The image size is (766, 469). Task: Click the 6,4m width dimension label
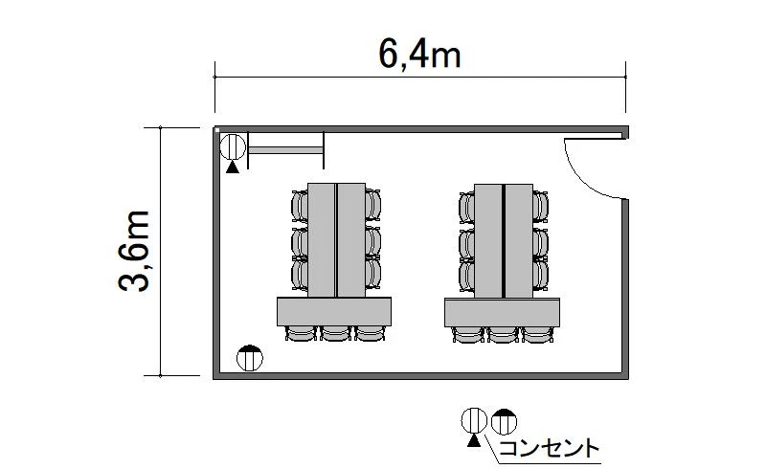point(419,54)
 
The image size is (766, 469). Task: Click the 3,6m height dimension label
point(134,251)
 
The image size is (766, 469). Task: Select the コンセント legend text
point(549,448)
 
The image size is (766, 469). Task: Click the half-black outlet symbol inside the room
point(250,358)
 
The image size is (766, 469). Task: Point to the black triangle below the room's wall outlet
point(233,167)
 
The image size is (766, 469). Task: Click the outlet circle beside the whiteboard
point(233,146)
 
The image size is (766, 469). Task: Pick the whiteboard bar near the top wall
point(285,150)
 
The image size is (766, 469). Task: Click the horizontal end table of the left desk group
point(334,311)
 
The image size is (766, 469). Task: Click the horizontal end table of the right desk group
point(502,312)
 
